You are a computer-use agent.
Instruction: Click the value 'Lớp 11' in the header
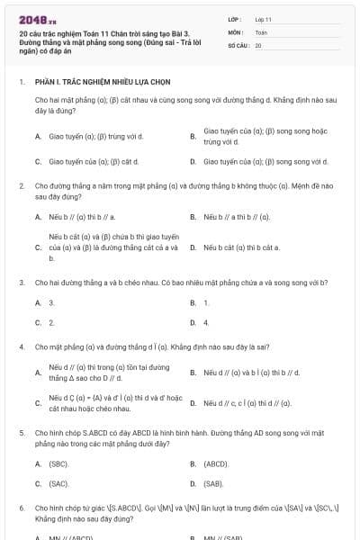coord(263,18)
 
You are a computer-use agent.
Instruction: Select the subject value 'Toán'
coord(261,31)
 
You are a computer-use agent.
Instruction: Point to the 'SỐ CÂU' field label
coord(238,45)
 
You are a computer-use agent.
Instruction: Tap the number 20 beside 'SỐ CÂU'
coord(258,45)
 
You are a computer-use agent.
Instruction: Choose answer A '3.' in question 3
coord(51,302)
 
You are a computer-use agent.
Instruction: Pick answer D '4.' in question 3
coord(206,322)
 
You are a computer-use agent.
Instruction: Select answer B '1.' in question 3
coord(206,302)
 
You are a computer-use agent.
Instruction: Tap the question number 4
coord(21,346)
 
